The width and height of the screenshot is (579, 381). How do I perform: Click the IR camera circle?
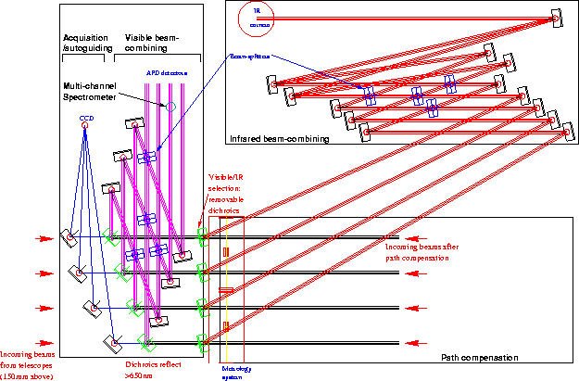click(x=253, y=16)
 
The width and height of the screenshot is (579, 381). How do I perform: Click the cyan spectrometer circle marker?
click(x=170, y=108)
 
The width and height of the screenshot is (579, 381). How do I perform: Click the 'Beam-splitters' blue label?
click(x=250, y=57)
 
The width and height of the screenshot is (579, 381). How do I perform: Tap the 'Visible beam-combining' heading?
click(x=148, y=41)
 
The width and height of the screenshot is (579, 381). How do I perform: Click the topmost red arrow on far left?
click(x=44, y=238)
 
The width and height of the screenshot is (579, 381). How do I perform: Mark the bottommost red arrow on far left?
click(x=44, y=342)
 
